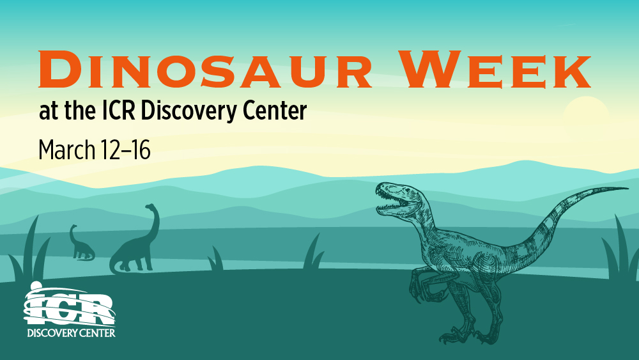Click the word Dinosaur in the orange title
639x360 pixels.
(x=205, y=69)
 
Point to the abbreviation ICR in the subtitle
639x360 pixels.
(x=118, y=111)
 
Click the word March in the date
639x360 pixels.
(x=67, y=150)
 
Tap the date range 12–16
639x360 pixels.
(x=125, y=150)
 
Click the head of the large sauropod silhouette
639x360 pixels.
(x=151, y=207)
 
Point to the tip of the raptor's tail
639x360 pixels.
(x=627, y=188)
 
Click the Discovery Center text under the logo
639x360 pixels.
(x=72, y=333)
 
